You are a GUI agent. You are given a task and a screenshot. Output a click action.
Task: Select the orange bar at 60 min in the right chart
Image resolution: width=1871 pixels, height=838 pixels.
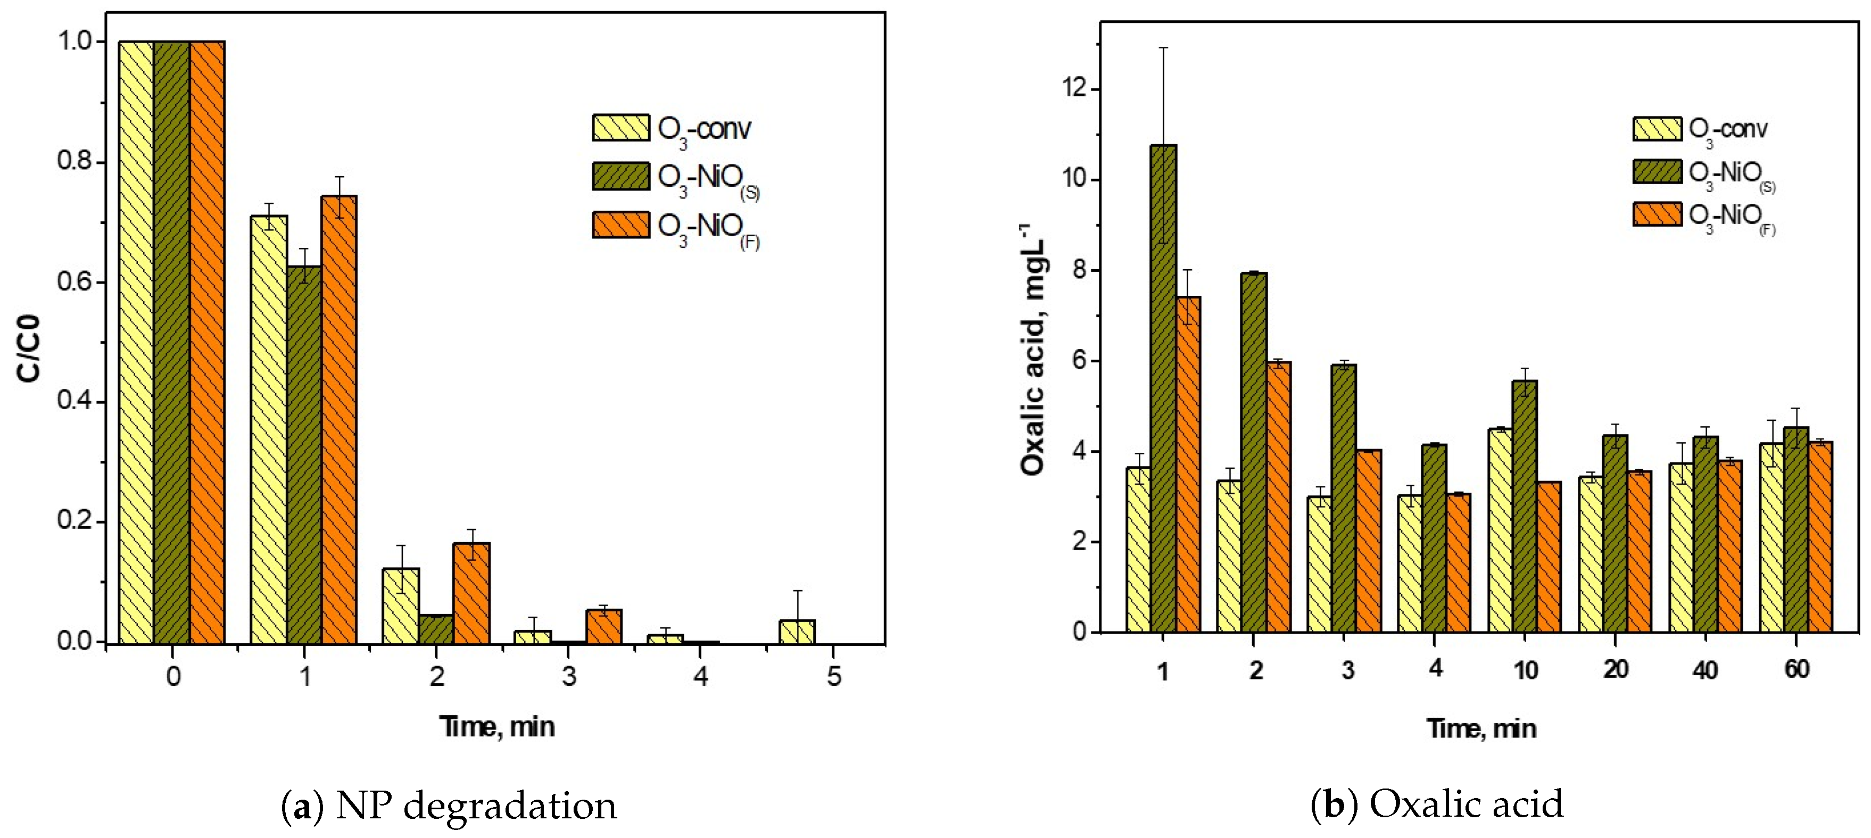(1820, 537)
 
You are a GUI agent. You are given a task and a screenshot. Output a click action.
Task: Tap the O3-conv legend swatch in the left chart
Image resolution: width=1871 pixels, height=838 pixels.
(620, 128)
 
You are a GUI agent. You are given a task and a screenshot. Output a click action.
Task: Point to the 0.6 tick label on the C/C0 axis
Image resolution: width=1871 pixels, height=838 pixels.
(76, 282)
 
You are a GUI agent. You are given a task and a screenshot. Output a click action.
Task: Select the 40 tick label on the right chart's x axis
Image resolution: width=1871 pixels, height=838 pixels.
(1704, 669)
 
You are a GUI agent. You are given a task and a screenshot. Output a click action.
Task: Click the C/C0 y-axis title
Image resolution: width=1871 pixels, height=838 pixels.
(30, 348)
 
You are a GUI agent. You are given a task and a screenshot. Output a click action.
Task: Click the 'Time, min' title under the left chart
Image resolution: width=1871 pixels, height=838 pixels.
(497, 727)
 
